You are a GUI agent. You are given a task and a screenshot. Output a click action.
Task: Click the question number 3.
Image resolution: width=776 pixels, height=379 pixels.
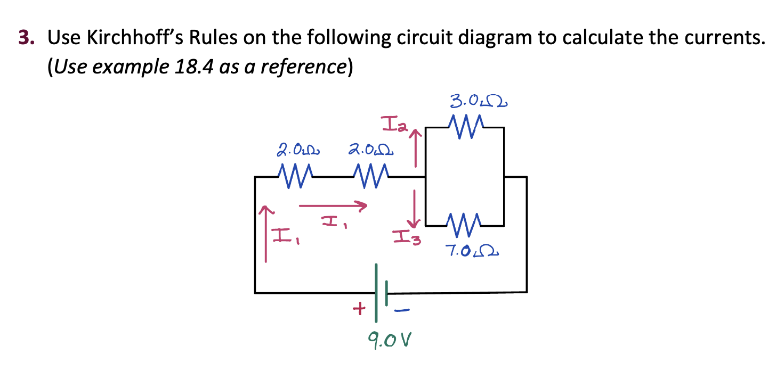point(25,38)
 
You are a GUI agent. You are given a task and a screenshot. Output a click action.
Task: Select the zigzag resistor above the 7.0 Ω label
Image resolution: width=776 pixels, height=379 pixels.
point(465,224)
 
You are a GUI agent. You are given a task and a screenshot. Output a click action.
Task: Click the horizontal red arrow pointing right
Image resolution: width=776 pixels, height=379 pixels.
point(333,205)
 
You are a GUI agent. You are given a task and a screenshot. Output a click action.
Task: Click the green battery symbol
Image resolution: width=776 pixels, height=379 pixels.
point(381,293)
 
